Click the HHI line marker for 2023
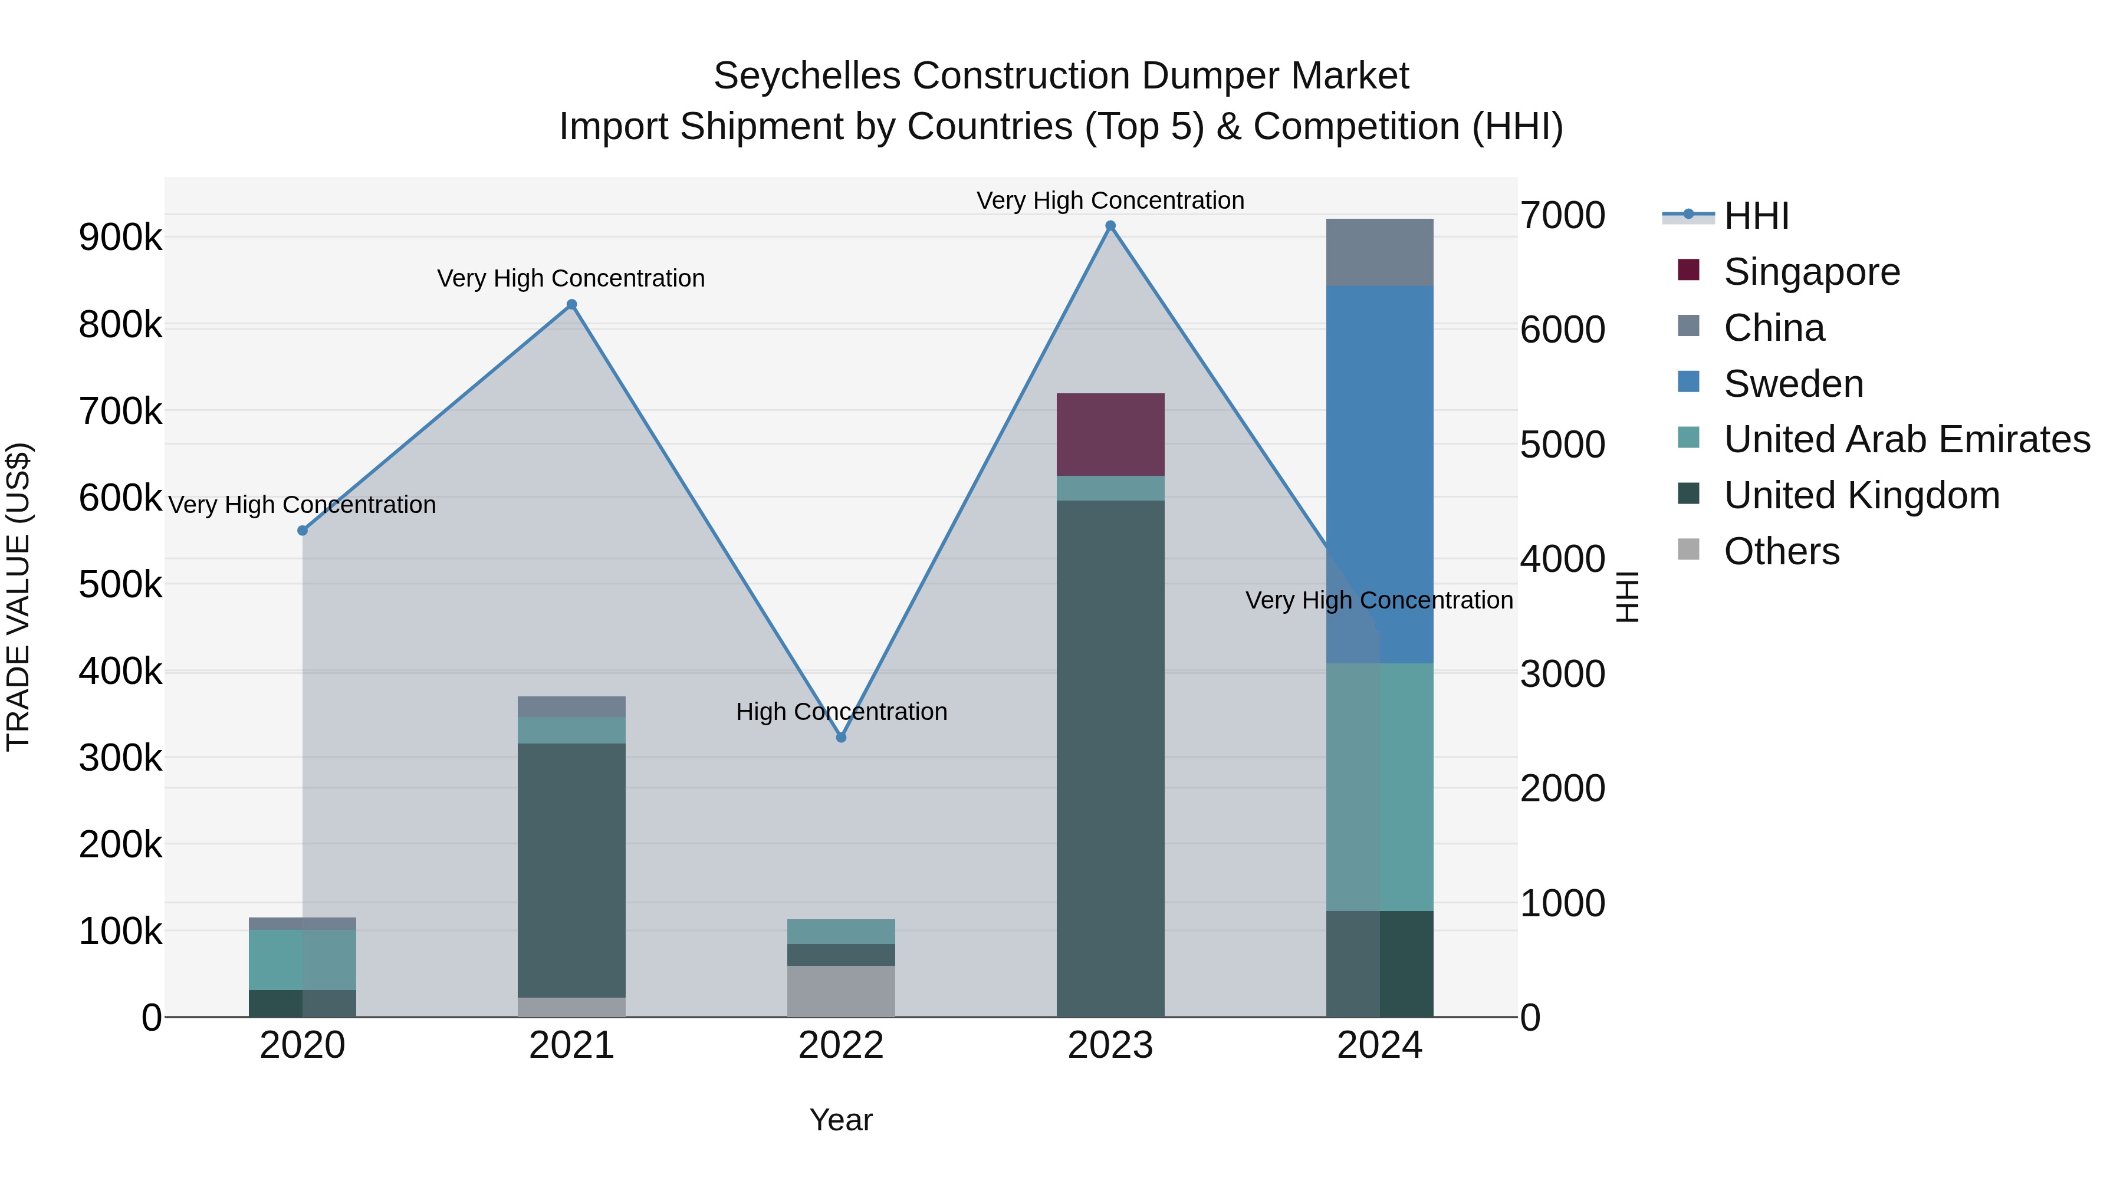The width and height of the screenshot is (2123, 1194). point(1110,226)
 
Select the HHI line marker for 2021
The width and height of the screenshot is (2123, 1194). point(572,305)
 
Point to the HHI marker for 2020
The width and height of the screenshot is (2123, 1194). point(303,531)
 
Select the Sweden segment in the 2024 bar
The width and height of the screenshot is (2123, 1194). point(1379,474)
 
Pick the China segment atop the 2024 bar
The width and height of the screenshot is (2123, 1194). point(1379,252)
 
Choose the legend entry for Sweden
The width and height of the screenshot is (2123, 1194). point(1793,384)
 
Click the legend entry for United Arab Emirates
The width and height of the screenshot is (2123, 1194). point(1906,439)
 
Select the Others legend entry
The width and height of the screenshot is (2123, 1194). point(1780,551)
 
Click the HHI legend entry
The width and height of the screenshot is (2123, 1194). point(1756,216)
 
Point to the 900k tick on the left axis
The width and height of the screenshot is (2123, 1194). point(120,238)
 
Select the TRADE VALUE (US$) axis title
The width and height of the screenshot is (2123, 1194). point(18,597)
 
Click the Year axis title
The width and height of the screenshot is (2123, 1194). point(840,1120)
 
